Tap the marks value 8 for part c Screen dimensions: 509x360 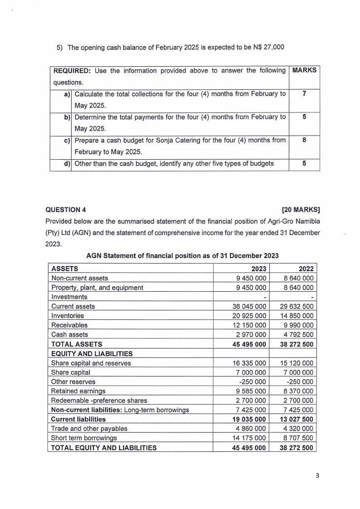[x=304, y=140]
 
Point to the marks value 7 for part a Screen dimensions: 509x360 [x=304, y=93]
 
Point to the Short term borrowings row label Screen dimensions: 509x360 [x=84, y=438]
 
